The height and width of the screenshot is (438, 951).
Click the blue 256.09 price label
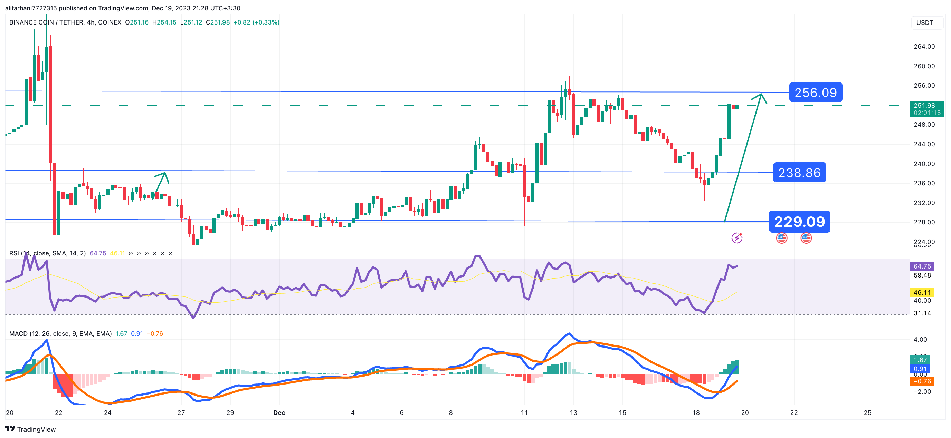pos(815,92)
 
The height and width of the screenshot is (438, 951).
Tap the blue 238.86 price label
pos(799,172)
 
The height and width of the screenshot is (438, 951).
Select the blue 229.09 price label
pos(799,221)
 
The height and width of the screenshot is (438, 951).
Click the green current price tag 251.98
pos(926,109)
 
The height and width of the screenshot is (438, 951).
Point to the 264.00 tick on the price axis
pos(924,47)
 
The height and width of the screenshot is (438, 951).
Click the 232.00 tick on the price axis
pos(924,203)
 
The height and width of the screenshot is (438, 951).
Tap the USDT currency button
pos(924,23)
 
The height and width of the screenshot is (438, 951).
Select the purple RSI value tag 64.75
pos(922,266)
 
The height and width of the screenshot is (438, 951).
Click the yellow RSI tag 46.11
pos(922,293)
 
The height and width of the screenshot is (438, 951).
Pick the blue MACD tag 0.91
pos(920,369)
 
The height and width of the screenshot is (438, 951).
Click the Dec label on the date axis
pos(279,412)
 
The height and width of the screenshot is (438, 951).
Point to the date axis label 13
pos(573,412)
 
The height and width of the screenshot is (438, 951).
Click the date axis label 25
pos(867,412)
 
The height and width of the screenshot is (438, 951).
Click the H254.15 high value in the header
pos(164,22)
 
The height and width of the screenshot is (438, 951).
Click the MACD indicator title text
pos(60,333)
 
